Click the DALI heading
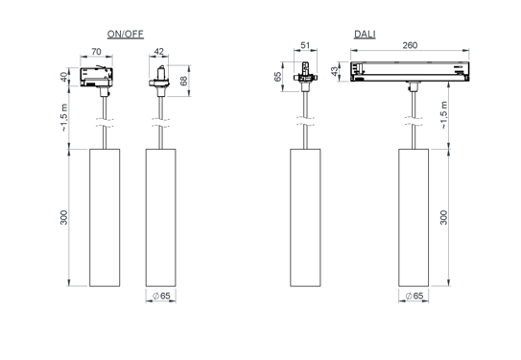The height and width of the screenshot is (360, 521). tap(365, 35)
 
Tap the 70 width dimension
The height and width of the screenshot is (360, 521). tap(97, 55)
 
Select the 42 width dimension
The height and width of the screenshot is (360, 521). tap(159, 55)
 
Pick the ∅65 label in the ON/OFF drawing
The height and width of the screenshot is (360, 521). tap(160, 297)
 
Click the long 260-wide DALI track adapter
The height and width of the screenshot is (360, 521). tap(413, 71)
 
